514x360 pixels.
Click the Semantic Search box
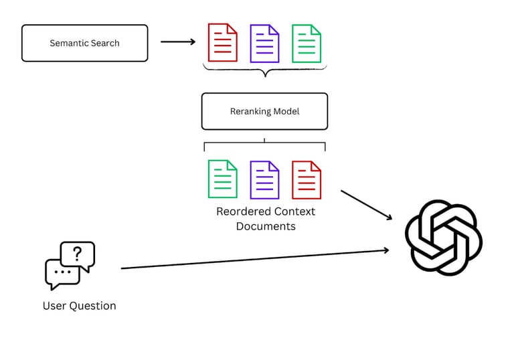84,43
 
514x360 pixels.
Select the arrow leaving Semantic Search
177,42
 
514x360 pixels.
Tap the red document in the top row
222,43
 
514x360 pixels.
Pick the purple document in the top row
264,43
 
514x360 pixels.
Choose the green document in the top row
307,43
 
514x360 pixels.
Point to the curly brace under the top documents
265,70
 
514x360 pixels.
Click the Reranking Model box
264,111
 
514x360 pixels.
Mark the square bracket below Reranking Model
264,143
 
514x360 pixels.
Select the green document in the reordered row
222,179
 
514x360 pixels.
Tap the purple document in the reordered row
264,179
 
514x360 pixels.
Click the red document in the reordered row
307,179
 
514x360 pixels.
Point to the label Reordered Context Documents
266,219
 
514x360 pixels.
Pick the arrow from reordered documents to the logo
366,205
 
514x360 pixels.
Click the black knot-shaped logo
443,237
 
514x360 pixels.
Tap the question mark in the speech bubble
78,254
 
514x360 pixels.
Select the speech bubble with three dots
62,273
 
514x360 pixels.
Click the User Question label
79,306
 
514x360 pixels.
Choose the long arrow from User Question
254,259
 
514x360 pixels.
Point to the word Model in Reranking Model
286,111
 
